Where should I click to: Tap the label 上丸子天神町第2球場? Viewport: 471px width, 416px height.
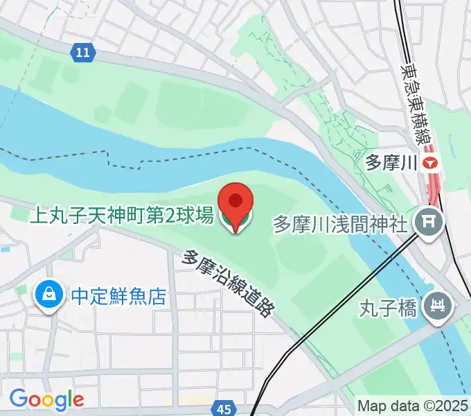(121, 216)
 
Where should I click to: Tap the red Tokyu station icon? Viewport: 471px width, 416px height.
(432, 164)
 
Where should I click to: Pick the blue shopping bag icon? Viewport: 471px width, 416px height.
(48, 296)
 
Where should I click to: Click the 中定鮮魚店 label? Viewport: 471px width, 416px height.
(118, 297)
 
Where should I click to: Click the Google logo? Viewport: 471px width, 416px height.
(46, 399)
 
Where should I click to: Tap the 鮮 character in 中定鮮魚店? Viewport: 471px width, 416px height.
(119, 297)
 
